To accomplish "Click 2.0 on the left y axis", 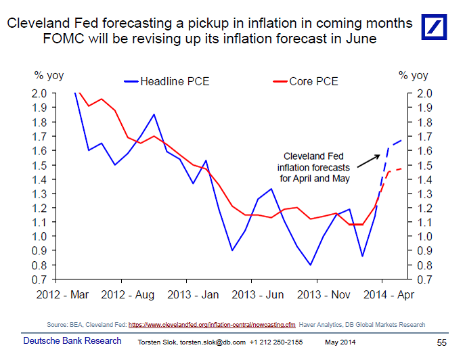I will click(x=39, y=93).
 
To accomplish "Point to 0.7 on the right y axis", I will click(x=422, y=279).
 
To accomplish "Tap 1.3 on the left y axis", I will click(x=39, y=194).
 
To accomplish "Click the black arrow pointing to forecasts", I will click(x=369, y=160).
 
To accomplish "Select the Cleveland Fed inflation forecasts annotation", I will click(x=313, y=167).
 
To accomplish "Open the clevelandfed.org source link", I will click(x=213, y=325).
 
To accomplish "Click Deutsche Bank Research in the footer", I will click(x=72, y=340).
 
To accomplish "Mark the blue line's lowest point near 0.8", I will click(x=311, y=265).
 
